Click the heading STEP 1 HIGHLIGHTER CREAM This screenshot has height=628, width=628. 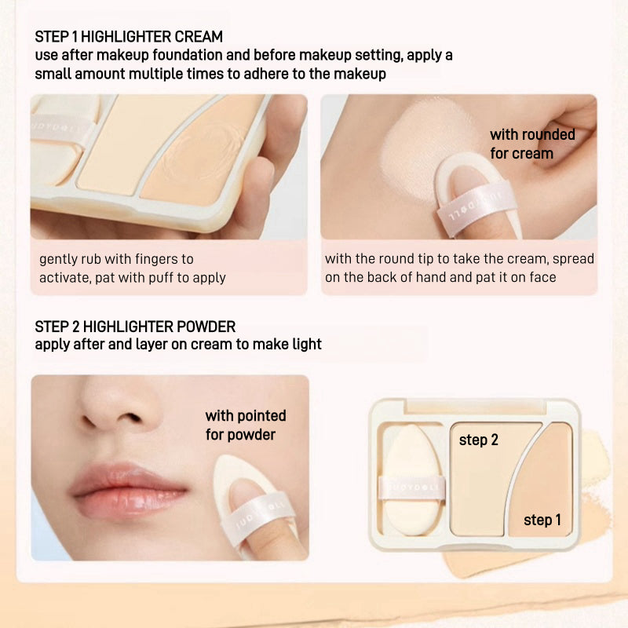(x=129, y=37)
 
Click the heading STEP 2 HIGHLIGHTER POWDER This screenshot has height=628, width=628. (x=135, y=327)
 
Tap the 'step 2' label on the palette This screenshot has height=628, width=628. (x=479, y=440)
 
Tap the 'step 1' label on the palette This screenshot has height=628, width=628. (x=542, y=520)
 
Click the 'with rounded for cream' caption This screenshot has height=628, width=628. (x=532, y=144)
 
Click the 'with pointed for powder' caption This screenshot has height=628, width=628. (x=245, y=425)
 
